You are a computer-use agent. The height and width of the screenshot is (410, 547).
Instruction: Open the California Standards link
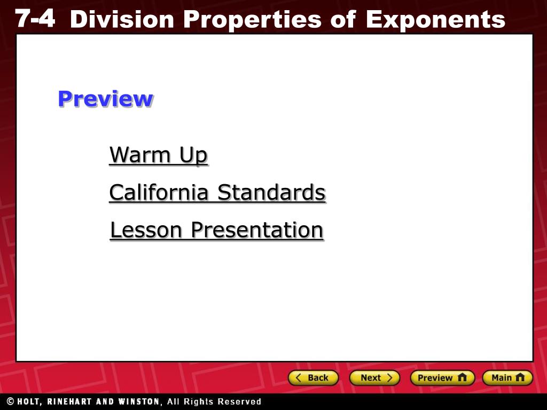217,192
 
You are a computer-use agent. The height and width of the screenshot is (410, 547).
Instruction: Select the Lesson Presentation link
217,230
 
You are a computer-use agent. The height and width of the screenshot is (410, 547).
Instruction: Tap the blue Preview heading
105,99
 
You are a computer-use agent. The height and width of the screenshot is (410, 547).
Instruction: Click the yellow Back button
313,377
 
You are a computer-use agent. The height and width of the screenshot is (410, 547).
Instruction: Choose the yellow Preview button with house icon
442,377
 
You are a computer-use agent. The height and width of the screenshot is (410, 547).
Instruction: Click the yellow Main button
507,377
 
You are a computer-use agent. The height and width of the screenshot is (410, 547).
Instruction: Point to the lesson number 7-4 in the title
35,18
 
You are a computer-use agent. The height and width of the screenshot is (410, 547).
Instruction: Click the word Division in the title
122,19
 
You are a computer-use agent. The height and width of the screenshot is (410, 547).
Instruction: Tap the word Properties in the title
252,20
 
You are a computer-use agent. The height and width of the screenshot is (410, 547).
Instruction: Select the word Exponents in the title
435,20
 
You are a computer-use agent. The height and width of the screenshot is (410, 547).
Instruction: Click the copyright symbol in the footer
11,401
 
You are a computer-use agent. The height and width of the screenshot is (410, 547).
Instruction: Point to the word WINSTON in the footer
139,401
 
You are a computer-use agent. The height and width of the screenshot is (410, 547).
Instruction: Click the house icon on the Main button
520,377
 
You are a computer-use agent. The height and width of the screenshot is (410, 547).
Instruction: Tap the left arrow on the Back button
298,377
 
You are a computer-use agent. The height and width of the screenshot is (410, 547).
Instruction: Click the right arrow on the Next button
389,377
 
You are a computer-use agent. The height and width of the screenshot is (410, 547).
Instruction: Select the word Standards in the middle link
271,192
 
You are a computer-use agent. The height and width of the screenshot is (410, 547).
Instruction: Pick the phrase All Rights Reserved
214,401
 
